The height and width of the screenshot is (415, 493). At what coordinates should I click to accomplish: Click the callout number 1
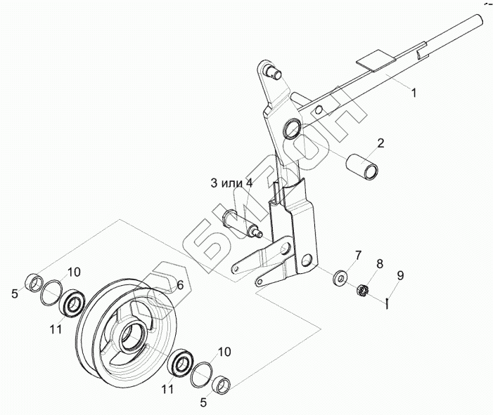point(414,93)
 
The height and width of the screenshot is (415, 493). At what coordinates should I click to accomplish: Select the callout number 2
point(380,143)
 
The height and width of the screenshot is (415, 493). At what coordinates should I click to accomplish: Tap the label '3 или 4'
point(231,183)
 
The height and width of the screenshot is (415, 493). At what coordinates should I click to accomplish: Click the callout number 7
point(357,254)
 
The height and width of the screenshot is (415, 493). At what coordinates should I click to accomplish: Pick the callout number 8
point(379,265)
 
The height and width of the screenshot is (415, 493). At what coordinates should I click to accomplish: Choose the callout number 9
point(400,276)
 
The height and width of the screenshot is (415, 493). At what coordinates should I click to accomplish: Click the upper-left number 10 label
point(75,272)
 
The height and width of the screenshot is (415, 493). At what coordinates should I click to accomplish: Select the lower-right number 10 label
point(223,351)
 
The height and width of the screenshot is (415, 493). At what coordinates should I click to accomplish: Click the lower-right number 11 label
point(168,388)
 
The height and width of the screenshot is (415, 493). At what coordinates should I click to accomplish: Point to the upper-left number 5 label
point(15,294)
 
